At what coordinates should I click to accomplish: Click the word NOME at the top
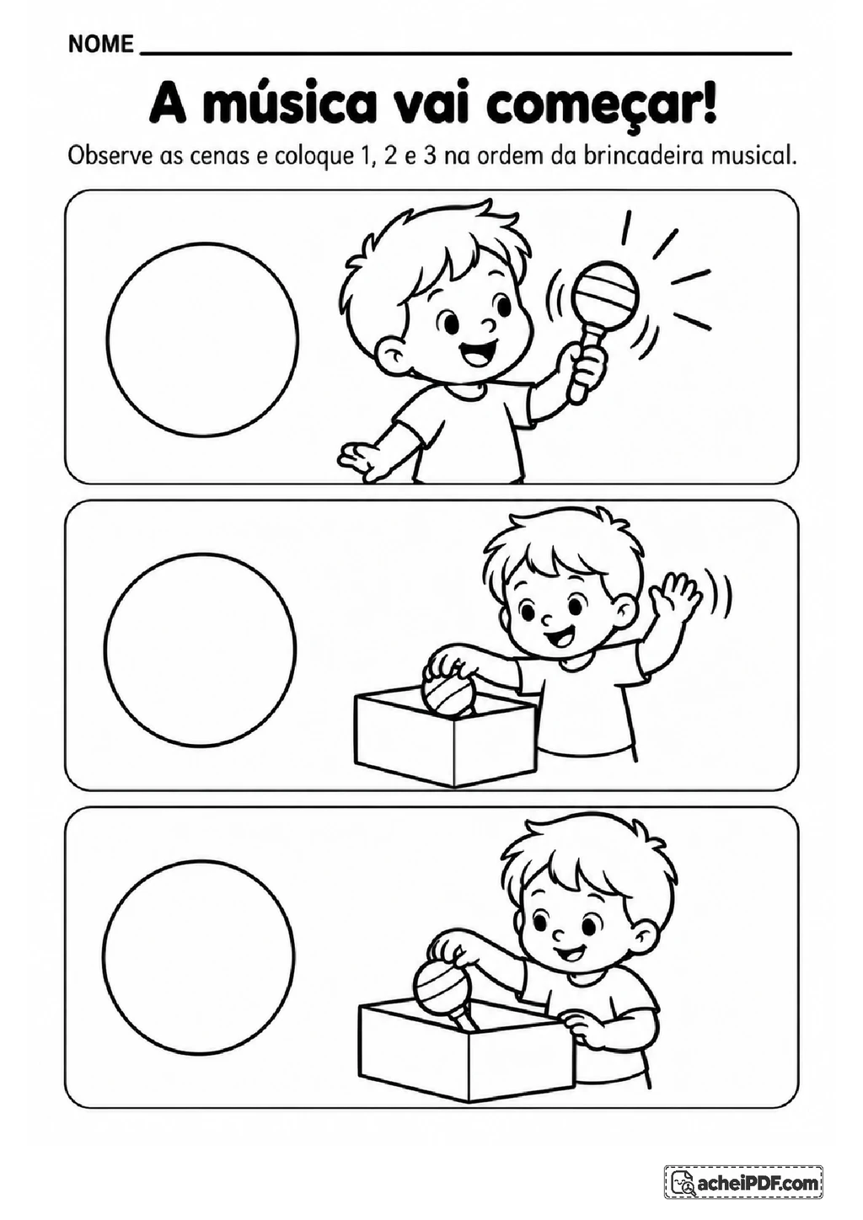coord(101,44)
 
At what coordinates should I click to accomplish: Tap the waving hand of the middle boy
coord(675,596)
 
